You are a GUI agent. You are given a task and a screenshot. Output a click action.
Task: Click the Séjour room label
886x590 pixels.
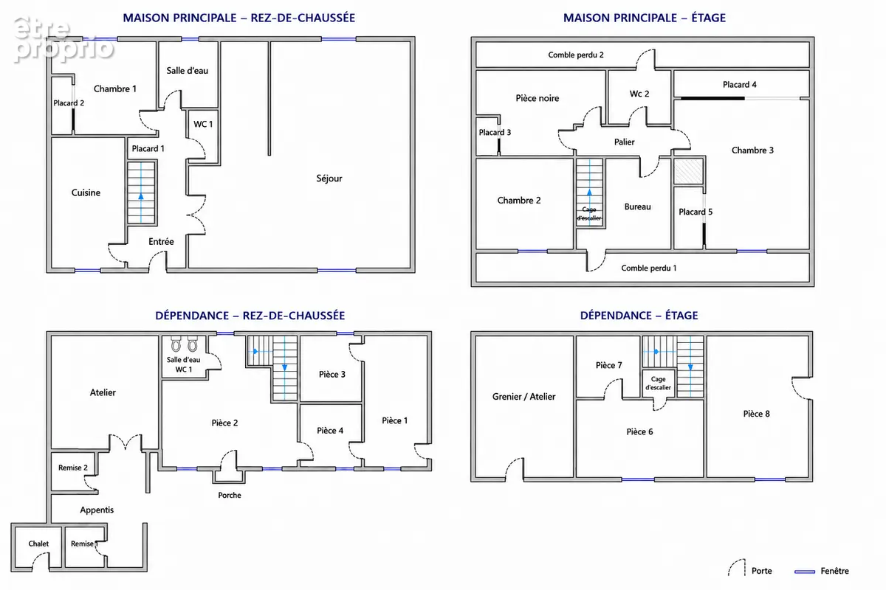(x=329, y=178)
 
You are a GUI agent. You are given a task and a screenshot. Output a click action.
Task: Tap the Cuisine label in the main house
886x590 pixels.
(x=86, y=192)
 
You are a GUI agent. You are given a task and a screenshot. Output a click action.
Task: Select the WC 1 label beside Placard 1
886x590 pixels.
(x=203, y=124)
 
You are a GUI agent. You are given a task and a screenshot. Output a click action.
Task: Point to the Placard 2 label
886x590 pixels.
(x=69, y=103)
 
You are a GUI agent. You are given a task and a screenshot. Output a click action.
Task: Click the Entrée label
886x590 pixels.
(x=161, y=241)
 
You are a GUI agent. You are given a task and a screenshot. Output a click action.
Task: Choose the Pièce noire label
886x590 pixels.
(x=538, y=98)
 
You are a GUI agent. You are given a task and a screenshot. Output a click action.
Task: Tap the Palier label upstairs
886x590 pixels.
(x=624, y=142)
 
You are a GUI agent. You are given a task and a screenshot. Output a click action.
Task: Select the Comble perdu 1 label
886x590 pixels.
(x=649, y=268)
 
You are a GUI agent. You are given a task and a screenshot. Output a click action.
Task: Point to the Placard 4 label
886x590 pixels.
(x=739, y=85)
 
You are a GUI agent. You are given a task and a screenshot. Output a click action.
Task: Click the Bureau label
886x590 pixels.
(x=637, y=206)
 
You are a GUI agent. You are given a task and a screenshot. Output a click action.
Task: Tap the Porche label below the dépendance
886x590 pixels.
(x=230, y=495)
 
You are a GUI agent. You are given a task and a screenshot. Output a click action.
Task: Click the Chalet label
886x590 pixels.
(x=38, y=544)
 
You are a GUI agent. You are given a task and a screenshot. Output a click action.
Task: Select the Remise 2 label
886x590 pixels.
(x=73, y=468)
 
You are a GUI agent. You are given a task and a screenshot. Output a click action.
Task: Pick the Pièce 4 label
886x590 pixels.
(x=330, y=431)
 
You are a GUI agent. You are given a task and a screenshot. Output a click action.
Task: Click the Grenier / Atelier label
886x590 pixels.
(x=523, y=397)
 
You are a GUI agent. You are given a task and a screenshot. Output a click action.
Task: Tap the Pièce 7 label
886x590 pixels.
(x=608, y=365)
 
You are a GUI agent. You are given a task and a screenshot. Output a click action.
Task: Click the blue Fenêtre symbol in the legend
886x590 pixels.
(x=805, y=572)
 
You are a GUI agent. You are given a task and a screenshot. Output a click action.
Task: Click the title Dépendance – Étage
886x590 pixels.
(x=639, y=316)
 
